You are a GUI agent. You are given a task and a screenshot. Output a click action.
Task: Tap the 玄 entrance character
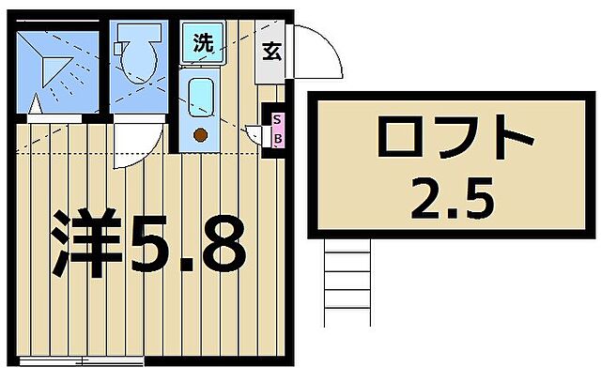[x=272, y=53]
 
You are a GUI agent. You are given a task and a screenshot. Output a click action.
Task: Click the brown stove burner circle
[x=200, y=134]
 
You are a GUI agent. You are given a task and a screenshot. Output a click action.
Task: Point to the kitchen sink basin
[x=200, y=99]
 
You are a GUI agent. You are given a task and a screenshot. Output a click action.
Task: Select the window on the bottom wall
[x=81, y=360]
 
